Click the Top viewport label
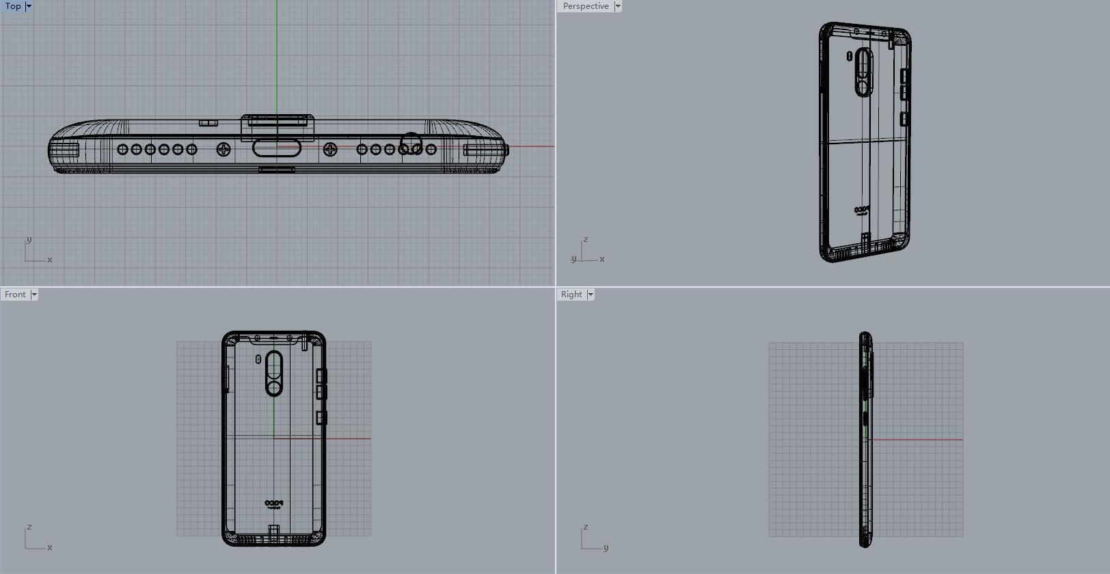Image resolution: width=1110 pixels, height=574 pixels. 13,6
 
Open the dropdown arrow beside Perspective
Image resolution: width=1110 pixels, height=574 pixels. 618,6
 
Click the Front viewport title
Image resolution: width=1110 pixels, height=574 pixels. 15,295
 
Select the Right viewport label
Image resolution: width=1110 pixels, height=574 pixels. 571,295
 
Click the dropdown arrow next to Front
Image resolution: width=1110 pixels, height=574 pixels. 34,295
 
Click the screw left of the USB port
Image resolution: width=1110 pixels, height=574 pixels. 224,149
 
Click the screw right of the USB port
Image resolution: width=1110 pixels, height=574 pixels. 330,149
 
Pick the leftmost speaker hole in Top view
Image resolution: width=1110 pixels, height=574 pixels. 123,149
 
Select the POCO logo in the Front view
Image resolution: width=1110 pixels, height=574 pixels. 273,504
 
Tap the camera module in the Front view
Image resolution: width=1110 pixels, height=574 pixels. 274,374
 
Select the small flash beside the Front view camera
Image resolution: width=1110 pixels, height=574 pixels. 258,359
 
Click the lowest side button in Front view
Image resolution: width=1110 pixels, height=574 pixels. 321,418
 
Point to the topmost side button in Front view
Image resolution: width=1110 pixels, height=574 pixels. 321,375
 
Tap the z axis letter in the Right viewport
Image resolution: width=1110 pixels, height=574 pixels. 585,528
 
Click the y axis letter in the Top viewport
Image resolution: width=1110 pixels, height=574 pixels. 29,240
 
